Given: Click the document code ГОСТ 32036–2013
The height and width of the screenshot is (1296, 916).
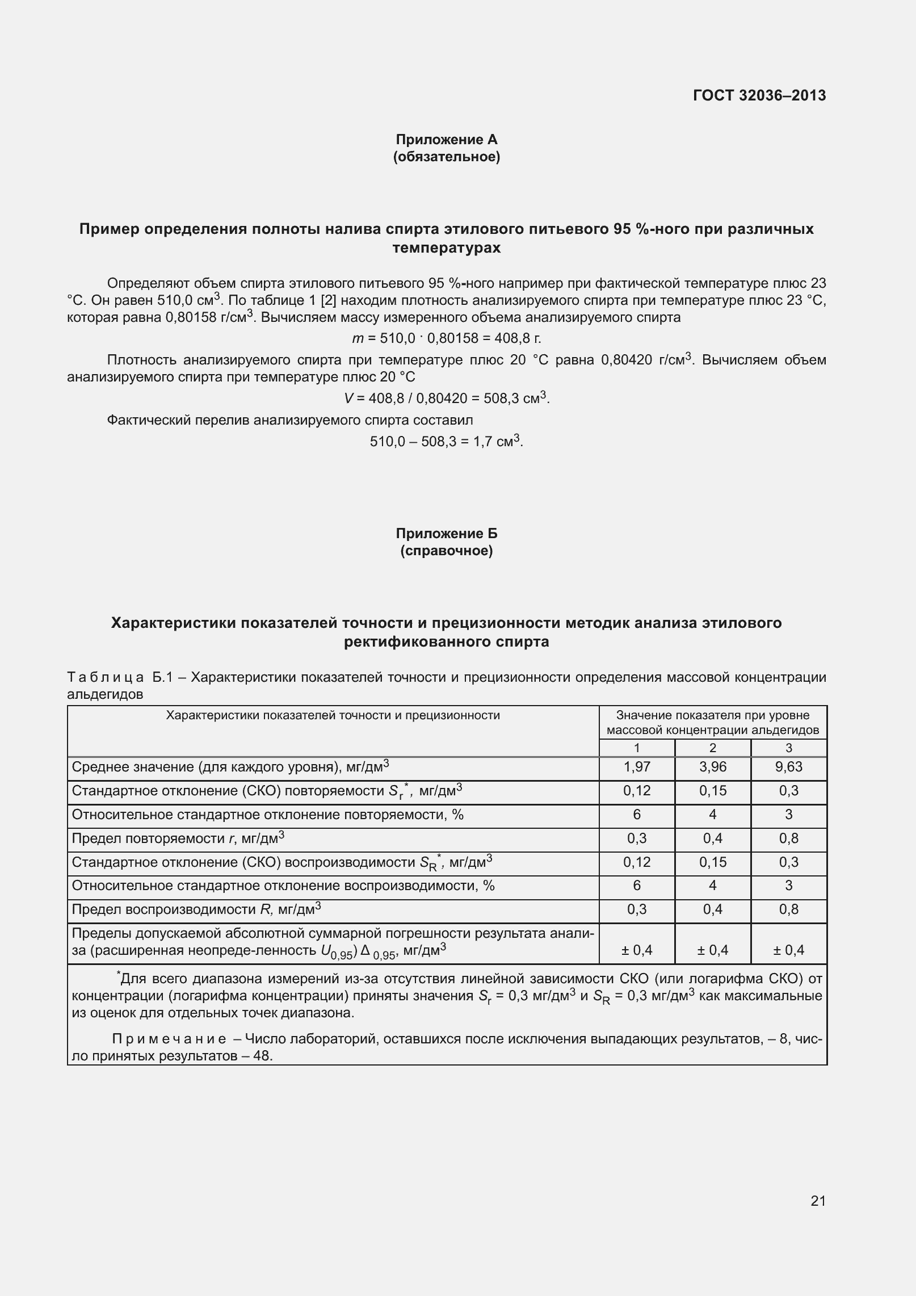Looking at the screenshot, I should point(759,95).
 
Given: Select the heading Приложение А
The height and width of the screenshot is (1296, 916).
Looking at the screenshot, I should point(446,139).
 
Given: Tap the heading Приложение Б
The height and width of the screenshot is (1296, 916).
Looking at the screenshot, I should point(446,533).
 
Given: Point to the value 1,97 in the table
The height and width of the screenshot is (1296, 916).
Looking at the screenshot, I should point(637,767).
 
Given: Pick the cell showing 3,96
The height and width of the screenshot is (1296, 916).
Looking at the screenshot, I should point(712,767).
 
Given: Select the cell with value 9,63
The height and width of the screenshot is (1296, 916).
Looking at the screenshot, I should point(788,767).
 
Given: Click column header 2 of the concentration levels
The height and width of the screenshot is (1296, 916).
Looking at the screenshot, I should point(712,748).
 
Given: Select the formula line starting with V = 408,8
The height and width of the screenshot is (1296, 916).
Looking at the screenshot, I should point(446,399).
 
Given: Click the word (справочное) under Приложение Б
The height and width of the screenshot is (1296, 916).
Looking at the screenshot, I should point(446,551).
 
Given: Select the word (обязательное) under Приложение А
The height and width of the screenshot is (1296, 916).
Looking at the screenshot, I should point(446,157).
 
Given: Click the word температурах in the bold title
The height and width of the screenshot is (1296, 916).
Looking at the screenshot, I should point(446,248).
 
